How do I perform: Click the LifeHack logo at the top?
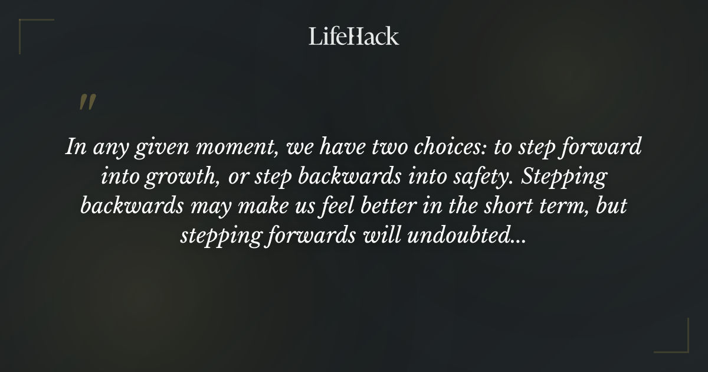coord(354,36)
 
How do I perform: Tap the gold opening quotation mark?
coord(87,103)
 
